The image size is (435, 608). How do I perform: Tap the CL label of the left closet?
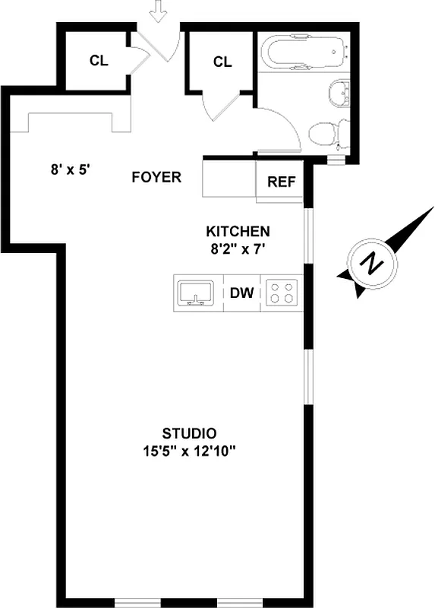coord(99,62)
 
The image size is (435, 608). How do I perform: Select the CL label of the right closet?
coord(222,62)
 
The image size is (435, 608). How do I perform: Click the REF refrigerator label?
coord(280,183)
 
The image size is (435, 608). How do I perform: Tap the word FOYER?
coord(156,178)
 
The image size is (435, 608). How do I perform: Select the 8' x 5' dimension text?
coord(71,171)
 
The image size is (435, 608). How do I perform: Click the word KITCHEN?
coord(238,231)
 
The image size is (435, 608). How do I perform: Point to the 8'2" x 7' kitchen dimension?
coord(238,247)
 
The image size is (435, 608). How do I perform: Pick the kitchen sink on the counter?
coord(197,293)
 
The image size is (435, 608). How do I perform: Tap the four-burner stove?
coord(282,293)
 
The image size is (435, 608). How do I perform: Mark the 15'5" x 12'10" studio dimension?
coord(190,451)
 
